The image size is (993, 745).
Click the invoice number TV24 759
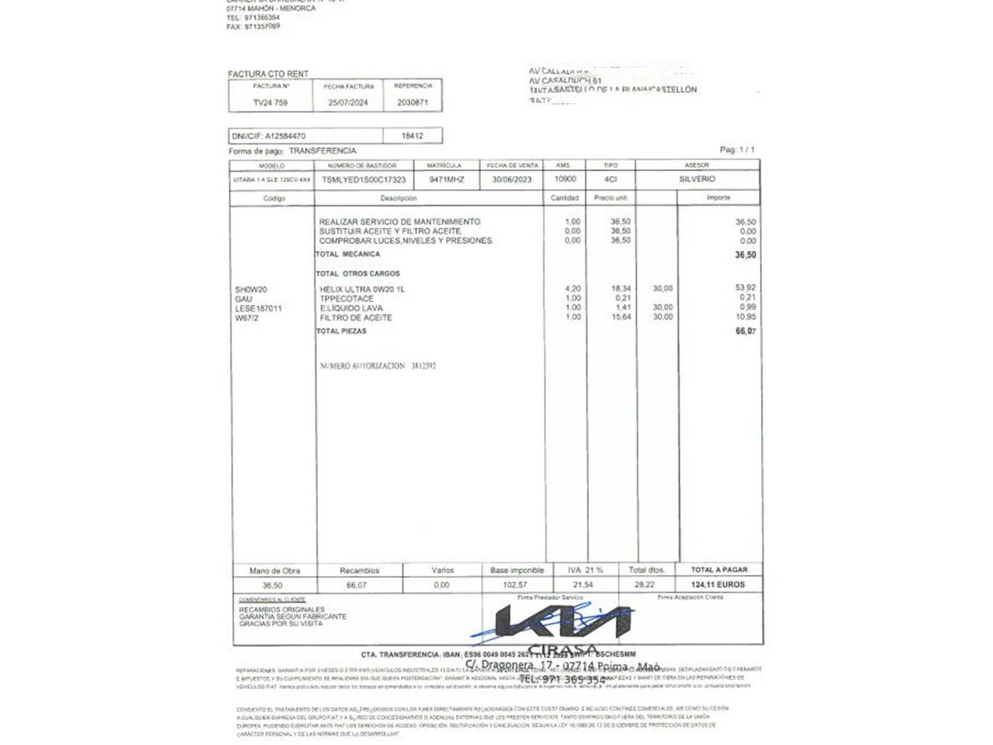[270, 103]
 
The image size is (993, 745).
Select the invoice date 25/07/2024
[348, 103]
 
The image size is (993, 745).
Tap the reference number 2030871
[412, 103]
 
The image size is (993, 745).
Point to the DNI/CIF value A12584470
[285, 136]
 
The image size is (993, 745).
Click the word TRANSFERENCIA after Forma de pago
[323, 150]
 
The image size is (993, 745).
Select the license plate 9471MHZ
[447, 179]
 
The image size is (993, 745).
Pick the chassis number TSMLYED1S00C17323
[364, 179]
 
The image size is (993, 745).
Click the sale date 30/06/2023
[512, 179]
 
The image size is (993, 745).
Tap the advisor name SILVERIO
[697, 179]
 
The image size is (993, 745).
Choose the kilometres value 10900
[565, 179]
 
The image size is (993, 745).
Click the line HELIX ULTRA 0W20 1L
[363, 289]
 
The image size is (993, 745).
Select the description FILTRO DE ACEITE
[356, 318]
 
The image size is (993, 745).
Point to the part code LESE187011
[259, 308]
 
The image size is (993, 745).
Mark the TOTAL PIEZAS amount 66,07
[745, 332]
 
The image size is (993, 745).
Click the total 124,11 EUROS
[718, 585]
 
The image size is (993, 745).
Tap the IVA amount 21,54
[583, 585]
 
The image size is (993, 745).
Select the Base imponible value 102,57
[515, 585]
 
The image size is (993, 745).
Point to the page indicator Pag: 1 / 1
[737, 150]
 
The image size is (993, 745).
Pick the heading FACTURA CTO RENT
[268, 74]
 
